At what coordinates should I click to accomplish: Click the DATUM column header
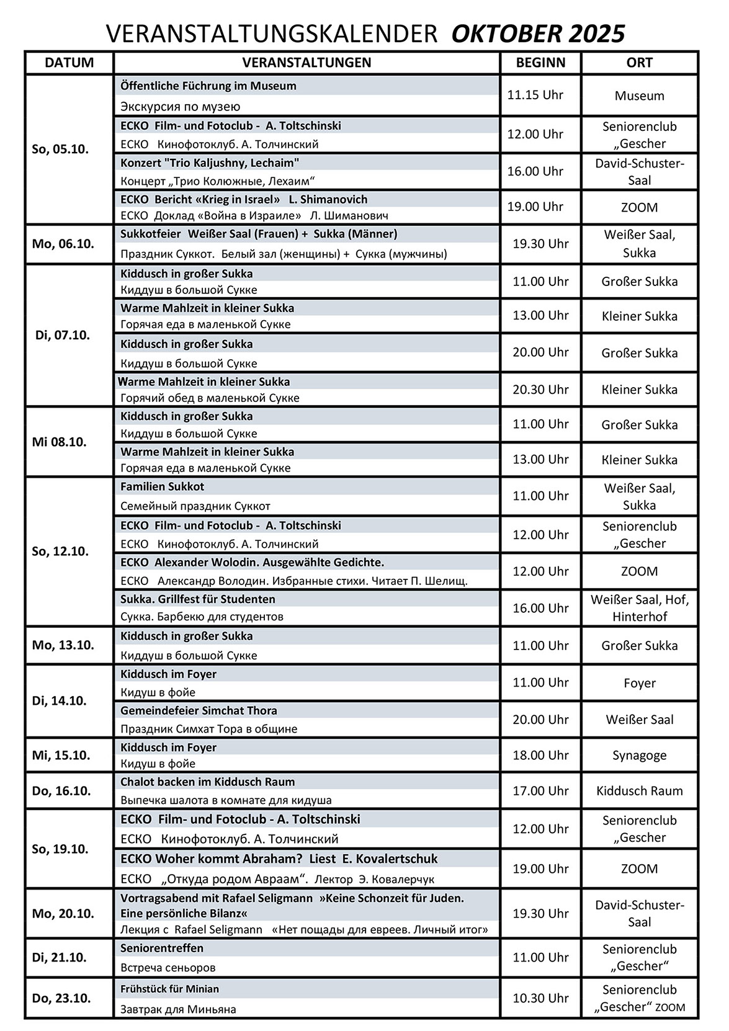[69, 63]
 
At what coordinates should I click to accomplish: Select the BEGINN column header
[540, 63]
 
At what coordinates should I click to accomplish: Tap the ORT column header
[640, 63]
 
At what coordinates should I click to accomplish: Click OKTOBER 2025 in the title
[538, 33]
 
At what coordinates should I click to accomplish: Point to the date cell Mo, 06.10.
[63, 243]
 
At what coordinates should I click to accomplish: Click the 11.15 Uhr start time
[535, 95]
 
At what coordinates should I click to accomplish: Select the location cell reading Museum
[640, 96]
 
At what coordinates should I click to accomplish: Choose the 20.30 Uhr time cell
[540, 390]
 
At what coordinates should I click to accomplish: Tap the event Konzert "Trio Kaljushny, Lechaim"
[210, 163]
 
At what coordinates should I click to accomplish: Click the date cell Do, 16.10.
[61, 791]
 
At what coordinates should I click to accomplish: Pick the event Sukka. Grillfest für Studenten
[198, 599]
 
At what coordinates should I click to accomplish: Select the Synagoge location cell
[640, 756]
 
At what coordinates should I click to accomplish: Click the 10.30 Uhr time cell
[540, 998]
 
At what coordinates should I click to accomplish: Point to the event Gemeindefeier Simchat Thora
[199, 711]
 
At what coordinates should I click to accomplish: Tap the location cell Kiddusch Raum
[640, 791]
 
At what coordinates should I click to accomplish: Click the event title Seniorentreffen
[162, 948]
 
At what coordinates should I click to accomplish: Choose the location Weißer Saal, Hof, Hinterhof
[640, 608]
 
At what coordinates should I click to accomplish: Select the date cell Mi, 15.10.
[61, 756]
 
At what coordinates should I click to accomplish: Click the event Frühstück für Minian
[169, 989]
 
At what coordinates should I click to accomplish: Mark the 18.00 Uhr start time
[540, 756]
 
